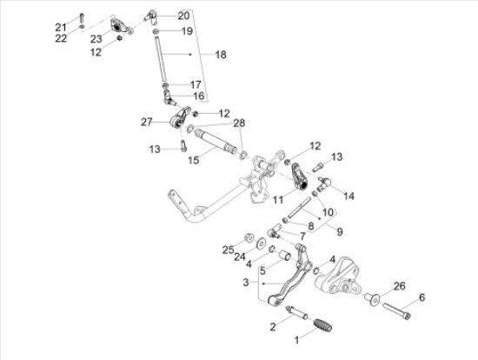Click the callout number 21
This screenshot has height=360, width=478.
coord(60,26)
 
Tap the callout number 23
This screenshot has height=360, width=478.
coord(96,39)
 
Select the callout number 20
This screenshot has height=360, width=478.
coord(183,16)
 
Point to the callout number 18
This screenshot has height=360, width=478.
coord(220,54)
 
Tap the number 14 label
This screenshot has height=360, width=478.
coord(349,197)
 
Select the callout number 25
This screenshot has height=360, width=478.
coord(229,250)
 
